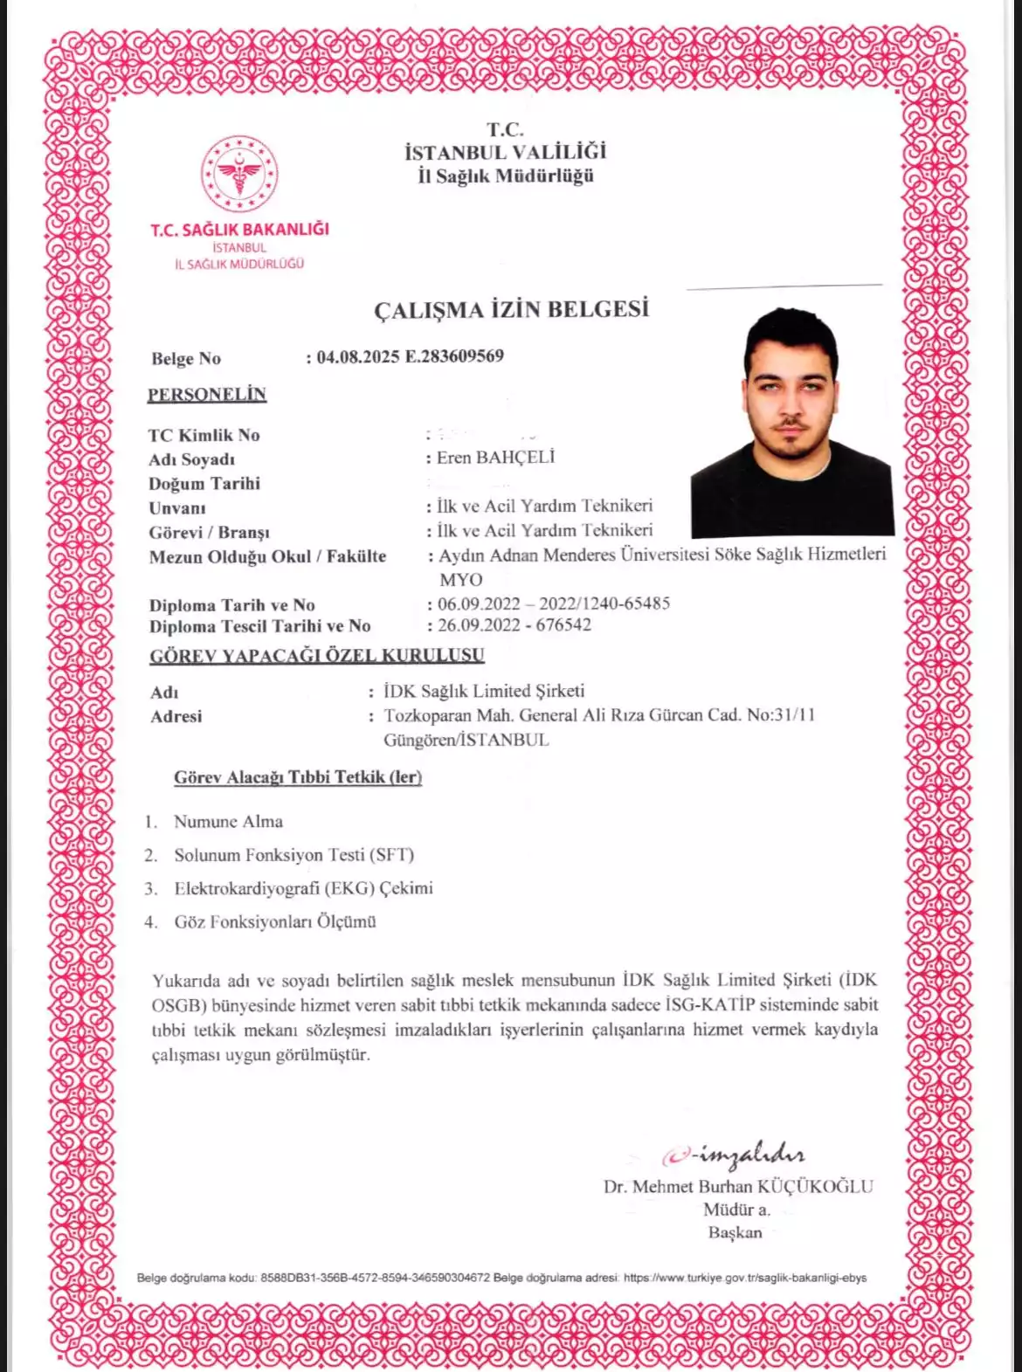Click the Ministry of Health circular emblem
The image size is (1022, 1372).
click(x=239, y=174)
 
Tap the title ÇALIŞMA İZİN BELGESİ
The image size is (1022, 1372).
click(x=511, y=310)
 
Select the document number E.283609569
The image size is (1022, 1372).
click(x=454, y=356)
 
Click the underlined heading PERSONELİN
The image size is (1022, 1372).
click(x=206, y=395)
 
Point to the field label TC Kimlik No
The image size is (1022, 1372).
click(x=204, y=435)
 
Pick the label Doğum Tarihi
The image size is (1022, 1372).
click(x=204, y=484)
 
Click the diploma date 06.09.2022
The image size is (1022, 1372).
click(x=479, y=603)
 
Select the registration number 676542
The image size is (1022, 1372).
click(x=563, y=625)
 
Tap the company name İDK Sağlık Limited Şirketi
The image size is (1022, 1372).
click(x=484, y=691)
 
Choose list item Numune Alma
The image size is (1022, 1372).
click(x=228, y=822)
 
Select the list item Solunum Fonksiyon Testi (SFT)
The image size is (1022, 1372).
click(x=293, y=855)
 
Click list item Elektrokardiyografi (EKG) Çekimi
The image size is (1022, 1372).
click(x=303, y=888)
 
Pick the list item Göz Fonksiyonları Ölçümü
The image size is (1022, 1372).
click(x=275, y=921)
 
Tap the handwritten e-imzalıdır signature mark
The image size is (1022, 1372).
click(x=734, y=1156)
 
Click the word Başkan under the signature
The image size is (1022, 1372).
click(x=735, y=1232)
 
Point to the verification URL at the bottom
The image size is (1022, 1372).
click(x=745, y=1278)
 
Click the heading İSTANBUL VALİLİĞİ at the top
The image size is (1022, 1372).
click(x=505, y=152)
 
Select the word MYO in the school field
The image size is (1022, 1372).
click(x=460, y=580)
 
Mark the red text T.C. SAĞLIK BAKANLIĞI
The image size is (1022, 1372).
click(x=239, y=230)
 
